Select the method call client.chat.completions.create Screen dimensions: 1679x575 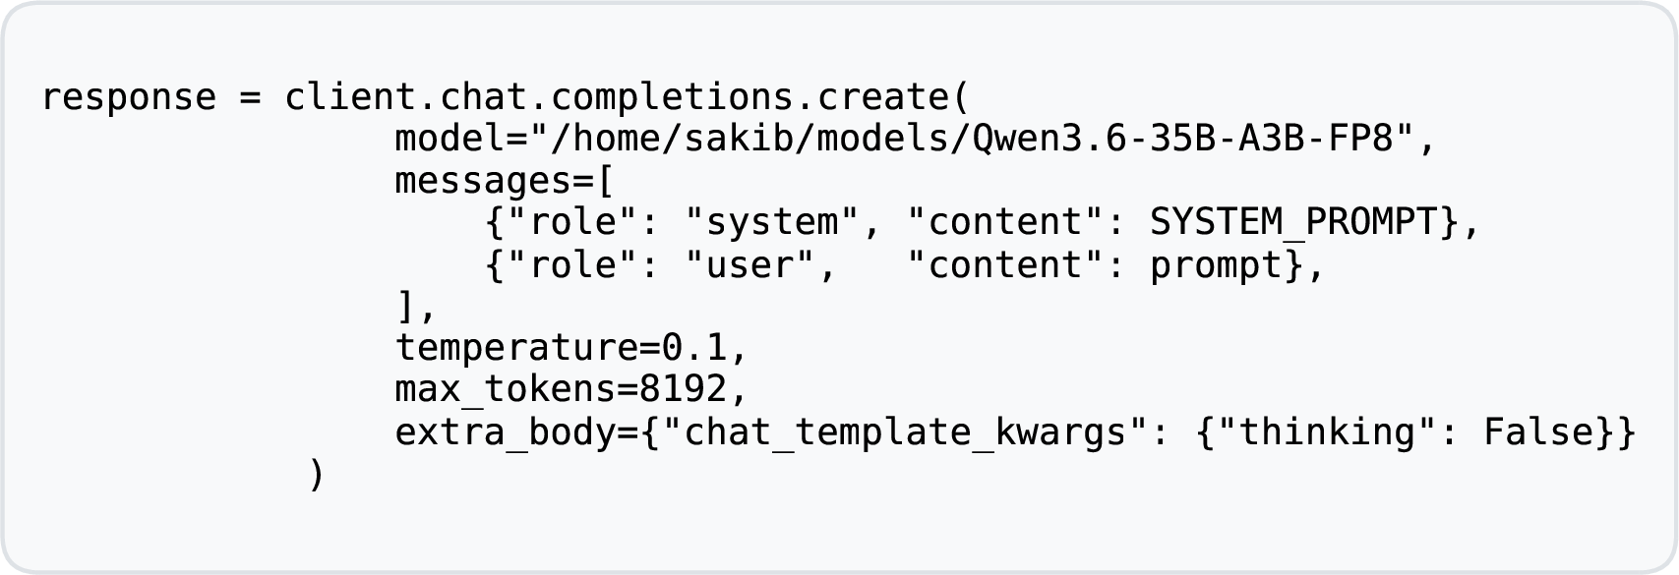[618, 97]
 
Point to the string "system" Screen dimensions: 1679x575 [773, 222]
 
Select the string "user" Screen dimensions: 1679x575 [750, 265]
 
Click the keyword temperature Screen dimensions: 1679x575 [517, 348]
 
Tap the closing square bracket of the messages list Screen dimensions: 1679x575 [405, 307]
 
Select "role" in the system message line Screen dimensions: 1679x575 [573, 222]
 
